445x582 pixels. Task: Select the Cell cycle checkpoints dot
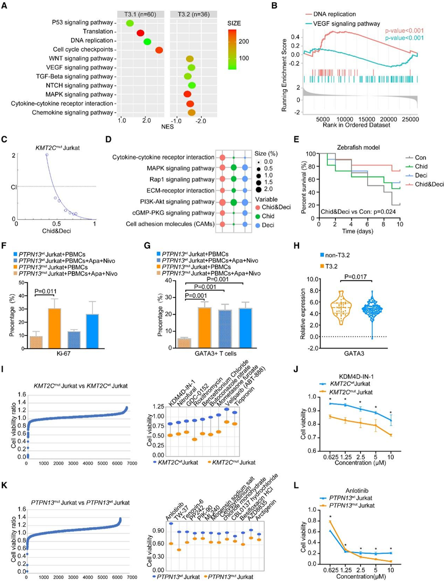click(x=159, y=50)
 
